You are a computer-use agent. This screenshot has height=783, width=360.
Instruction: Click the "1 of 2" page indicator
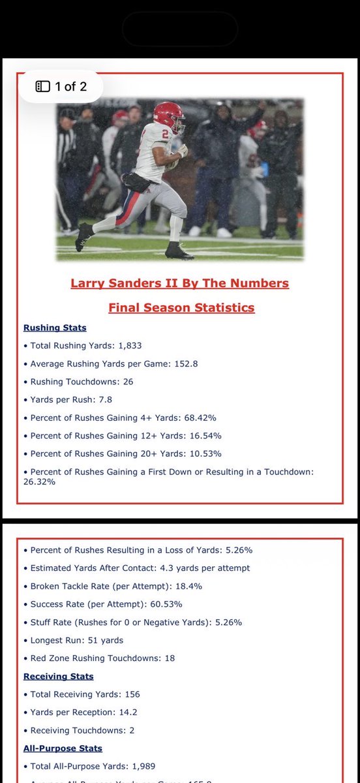[61, 86]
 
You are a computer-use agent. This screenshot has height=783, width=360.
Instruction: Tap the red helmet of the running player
[169, 114]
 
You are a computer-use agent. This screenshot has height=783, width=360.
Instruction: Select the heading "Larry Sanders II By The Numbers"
[179, 283]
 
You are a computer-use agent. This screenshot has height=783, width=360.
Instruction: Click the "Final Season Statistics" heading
[181, 307]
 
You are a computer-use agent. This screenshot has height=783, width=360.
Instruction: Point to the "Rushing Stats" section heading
[55, 328]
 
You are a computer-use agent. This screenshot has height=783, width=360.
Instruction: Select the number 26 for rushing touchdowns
[127, 381]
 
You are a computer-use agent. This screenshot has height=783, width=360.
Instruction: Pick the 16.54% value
[205, 435]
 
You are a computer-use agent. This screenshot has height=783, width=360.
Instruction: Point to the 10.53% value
[205, 453]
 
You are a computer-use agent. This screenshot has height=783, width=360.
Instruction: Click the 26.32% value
[39, 482]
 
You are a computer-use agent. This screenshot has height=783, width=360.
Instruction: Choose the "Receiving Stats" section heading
[59, 676]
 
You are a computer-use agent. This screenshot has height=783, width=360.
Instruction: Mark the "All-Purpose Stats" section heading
[63, 748]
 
